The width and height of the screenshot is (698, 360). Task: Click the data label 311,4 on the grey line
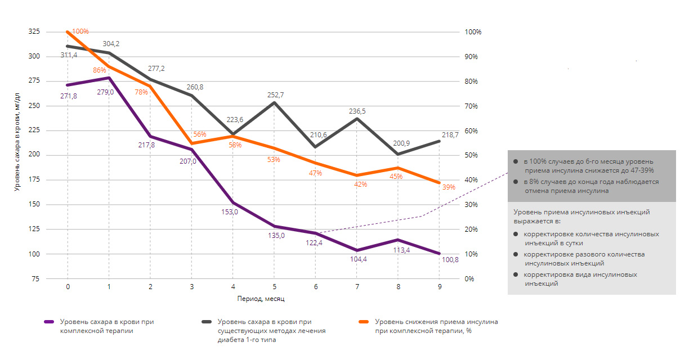pos(68,55)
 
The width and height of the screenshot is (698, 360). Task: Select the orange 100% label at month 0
pos(80,31)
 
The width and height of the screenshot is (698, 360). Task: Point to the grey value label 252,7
pos(275,95)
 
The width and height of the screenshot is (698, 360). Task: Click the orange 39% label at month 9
pos(449,188)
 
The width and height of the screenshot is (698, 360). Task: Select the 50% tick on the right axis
pos(471,155)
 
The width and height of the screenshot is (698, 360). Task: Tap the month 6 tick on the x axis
pos(316,287)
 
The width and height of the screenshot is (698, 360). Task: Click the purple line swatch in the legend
pos(49,322)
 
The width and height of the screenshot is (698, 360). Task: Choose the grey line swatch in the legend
pos(207,322)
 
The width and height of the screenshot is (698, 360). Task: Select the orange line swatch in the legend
pos(364,322)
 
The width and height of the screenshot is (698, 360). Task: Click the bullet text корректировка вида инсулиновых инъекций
pos(580,279)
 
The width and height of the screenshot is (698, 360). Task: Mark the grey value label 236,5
pos(357,111)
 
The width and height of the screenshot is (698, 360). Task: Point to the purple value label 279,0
pos(105,92)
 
